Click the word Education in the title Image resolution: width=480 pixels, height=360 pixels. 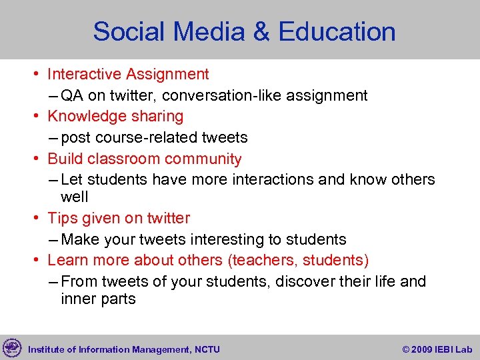[337, 31]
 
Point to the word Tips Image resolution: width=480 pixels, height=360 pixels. [61, 218]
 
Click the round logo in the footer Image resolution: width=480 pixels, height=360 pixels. [12, 347]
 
